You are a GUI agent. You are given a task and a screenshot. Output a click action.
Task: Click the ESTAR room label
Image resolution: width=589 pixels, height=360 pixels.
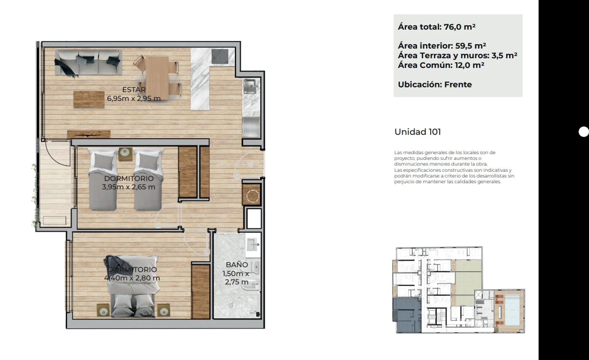point(134,90)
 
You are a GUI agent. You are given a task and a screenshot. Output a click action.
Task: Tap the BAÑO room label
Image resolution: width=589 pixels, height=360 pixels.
point(237,265)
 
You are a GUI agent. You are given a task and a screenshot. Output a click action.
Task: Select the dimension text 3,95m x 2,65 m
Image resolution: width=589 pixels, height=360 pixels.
point(129,187)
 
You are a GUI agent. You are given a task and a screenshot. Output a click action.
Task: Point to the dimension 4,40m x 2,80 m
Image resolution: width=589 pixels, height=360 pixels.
point(132,278)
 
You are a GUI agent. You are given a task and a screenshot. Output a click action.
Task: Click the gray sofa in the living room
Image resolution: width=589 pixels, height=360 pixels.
point(88,63)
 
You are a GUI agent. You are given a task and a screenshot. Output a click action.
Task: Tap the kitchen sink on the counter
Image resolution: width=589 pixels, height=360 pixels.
point(250,86)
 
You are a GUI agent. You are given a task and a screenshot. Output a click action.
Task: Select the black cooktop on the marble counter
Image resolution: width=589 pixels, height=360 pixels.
point(220,56)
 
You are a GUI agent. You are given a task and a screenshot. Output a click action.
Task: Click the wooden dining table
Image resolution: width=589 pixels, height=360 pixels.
point(157,77)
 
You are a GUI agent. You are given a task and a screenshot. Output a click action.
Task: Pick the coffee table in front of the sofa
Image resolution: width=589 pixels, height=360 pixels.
point(89,99)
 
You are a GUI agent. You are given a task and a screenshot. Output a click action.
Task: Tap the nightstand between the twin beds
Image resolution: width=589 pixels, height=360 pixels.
point(125,154)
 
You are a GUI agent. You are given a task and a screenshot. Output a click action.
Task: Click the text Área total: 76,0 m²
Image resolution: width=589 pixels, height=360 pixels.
point(437,27)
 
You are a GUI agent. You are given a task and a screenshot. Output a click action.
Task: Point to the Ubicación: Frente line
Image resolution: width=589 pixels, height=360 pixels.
point(435,84)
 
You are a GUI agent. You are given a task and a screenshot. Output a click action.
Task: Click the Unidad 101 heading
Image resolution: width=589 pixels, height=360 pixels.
point(418,132)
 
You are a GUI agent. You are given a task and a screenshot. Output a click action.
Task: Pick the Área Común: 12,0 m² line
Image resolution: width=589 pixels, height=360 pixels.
point(441,65)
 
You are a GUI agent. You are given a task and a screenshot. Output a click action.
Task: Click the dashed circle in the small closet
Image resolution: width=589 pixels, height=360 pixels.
point(253,196)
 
